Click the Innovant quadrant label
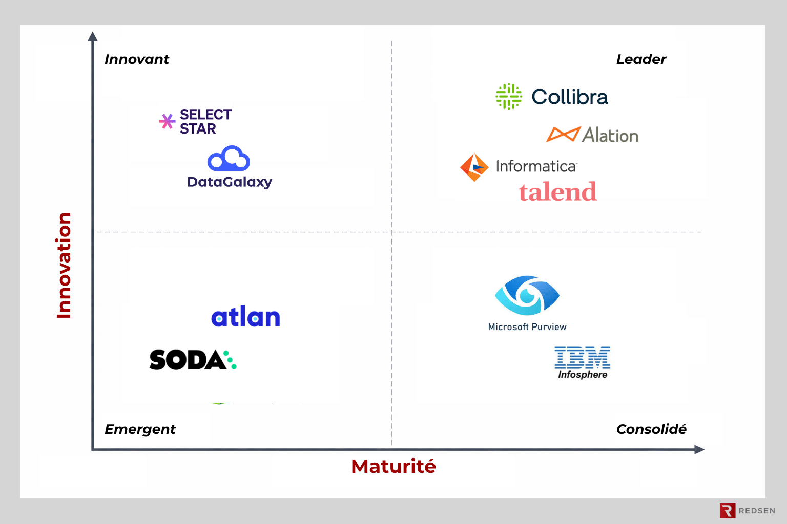137,59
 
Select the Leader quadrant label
641,59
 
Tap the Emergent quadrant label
140,429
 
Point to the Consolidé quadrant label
651,429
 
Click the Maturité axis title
393,466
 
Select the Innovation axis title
64,266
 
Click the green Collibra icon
509,96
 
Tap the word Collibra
570,97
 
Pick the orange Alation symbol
563,134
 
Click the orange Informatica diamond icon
474,167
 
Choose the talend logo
557,192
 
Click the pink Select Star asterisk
167,121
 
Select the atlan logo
246,317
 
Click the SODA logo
193,360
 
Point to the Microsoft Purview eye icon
527,295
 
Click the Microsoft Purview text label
527,327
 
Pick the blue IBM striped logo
582,357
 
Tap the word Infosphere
583,375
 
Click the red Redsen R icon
727,510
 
